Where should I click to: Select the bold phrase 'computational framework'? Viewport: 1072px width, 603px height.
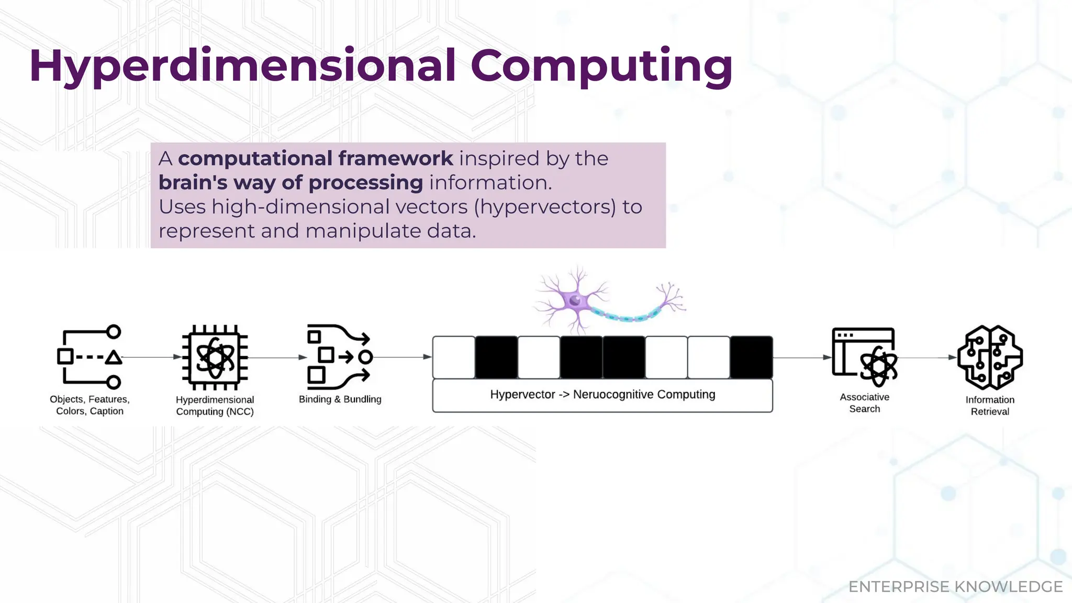315,158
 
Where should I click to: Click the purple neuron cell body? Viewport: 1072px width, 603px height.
575,301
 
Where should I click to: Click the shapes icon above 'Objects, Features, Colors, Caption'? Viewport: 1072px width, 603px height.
90,358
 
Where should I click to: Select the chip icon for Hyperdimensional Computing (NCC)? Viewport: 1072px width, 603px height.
215,358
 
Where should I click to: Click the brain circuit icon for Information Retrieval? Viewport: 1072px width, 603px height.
989,358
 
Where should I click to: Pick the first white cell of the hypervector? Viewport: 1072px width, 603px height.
454,358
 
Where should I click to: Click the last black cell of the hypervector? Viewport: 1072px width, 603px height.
751,358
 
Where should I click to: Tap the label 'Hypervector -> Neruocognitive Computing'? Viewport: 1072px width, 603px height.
602,395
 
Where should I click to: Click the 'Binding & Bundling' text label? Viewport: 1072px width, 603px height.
340,399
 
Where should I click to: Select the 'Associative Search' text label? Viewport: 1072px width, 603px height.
865,403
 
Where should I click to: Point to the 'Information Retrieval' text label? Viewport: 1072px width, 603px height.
989,406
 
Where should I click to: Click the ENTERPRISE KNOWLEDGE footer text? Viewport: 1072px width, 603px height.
955,587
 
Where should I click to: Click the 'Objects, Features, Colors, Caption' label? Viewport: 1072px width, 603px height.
90,405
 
